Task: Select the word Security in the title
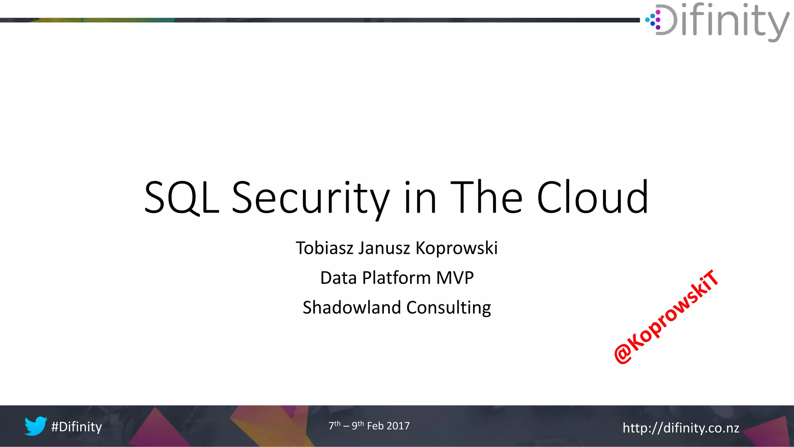[x=311, y=199]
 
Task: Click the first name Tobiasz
[x=324, y=248]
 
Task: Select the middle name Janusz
[x=384, y=248]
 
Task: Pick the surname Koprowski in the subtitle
[x=456, y=248]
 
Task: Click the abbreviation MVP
[x=455, y=278]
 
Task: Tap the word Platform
[x=396, y=278]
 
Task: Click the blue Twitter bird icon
[x=36, y=426]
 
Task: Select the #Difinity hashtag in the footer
[x=76, y=427]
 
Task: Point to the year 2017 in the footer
[x=398, y=426]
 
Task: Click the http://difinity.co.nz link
[x=681, y=428]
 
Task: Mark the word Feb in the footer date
[x=375, y=426]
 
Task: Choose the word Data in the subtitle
[x=338, y=278]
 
